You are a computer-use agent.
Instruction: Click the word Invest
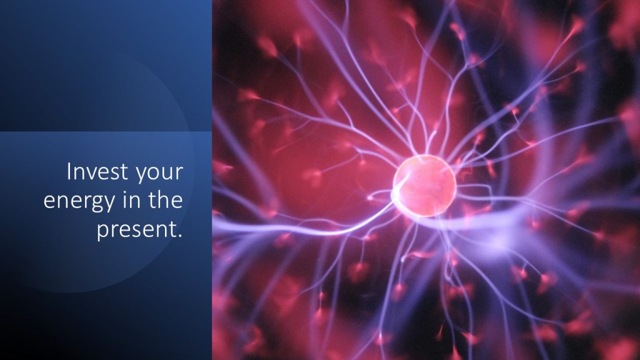(x=97, y=171)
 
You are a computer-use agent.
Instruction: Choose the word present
(x=136, y=230)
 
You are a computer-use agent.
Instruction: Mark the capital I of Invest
(x=69, y=171)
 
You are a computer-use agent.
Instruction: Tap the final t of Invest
(x=124, y=172)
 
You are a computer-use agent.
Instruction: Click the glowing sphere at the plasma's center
(x=424, y=186)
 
